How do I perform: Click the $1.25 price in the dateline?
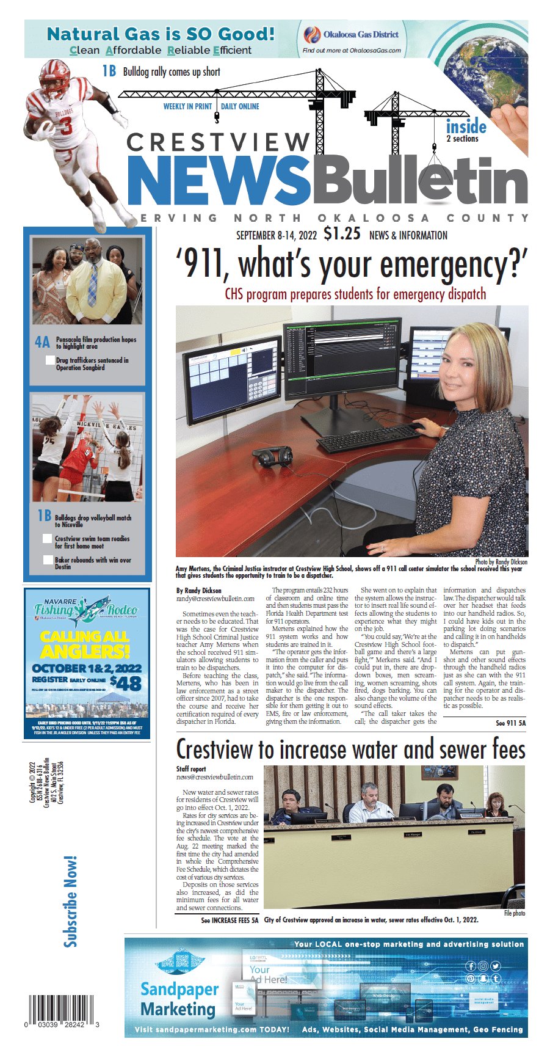tap(342, 234)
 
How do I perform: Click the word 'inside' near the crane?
tap(466, 127)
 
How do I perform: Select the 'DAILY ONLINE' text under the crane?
tap(240, 106)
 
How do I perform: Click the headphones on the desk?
tap(272, 456)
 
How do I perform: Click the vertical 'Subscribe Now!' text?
tap(71, 902)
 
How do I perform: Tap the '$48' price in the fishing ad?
tap(126, 683)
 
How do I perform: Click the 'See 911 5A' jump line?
tap(510, 723)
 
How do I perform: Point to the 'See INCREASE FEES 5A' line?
tap(230, 920)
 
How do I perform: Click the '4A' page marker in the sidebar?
tap(42, 342)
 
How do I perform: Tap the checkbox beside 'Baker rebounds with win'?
tap(48, 560)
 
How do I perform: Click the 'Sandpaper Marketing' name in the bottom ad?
tap(179, 999)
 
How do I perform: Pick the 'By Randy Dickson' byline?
tap(199, 591)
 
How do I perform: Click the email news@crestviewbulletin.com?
tap(215, 777)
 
